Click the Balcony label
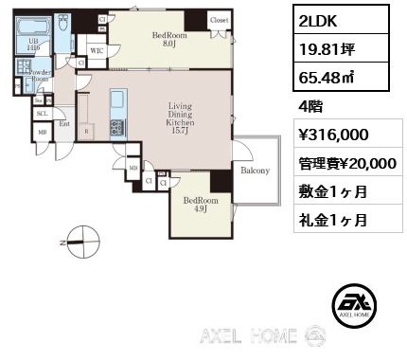click(255, 171)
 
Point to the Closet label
click(219, 19)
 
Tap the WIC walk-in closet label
click(97, 50)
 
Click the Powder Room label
click(40, 76)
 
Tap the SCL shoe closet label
click(42, 113)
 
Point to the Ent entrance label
click(64, 123)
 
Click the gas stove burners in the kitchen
click(116, 127)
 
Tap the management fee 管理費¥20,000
click(347, 163)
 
